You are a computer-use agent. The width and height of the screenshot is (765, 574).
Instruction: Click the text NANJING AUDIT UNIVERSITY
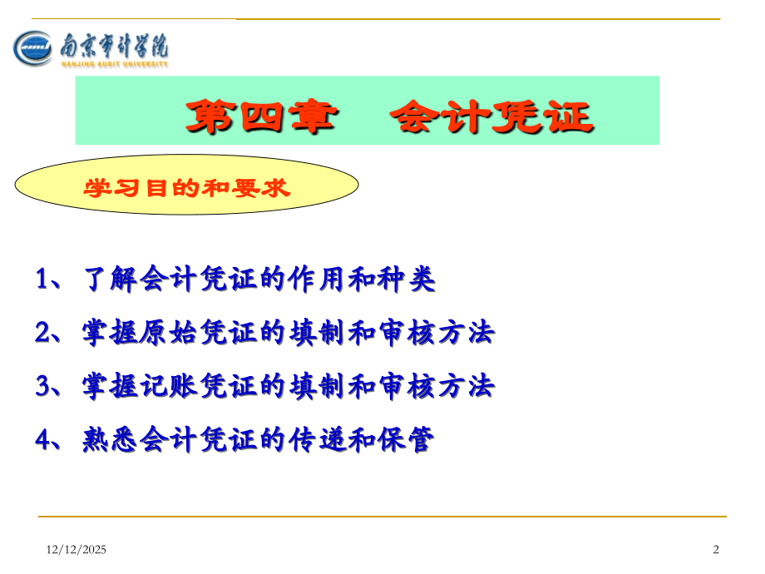pos(115,63)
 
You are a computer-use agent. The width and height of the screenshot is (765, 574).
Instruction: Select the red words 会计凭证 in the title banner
pos(491,117)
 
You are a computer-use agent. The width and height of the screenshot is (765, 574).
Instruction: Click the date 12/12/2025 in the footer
pos(75,549)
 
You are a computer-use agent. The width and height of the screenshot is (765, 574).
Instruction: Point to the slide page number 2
pos(716,549)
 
